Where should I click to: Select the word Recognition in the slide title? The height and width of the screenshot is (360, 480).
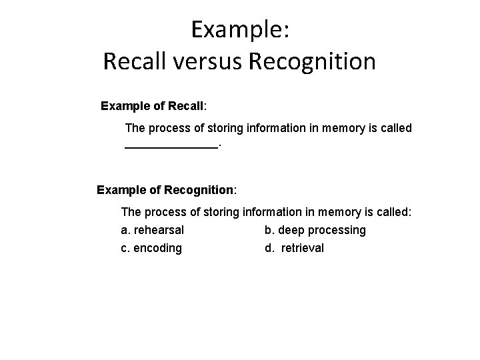click(312, 62)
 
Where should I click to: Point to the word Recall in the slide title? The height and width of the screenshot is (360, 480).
click(135, 62)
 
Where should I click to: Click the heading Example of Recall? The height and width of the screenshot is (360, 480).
click(154, 106)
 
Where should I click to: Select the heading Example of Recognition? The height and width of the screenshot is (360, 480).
click(166, 190)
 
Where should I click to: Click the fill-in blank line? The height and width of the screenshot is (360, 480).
click(171, 145)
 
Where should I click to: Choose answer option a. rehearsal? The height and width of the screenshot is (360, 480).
click(153, 231)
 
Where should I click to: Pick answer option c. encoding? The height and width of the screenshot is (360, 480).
click(151, 248)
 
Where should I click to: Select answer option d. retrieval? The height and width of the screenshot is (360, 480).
click(294, 248)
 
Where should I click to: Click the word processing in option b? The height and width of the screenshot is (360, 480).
click(335, 231)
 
